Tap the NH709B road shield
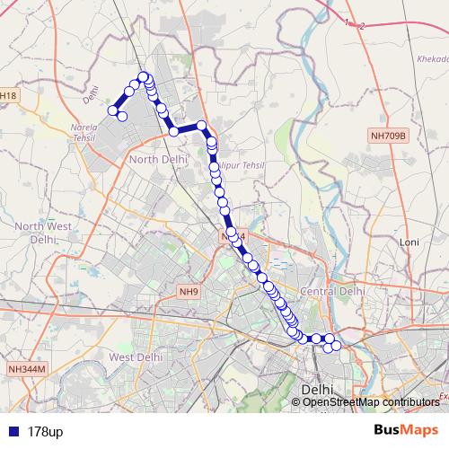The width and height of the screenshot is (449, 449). coord(389,136)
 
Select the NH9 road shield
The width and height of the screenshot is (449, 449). coord(189,292)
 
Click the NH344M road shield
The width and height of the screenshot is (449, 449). coord(27,369)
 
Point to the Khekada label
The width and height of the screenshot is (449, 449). coord(427,58)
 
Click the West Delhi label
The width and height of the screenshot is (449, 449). coord(136,357)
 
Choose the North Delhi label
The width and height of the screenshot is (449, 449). coord(159,159)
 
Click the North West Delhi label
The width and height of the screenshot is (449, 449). coord(42,233)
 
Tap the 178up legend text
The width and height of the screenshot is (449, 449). coord(45,432)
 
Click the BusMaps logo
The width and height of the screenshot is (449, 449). coord(405,431)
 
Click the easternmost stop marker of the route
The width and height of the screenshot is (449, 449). coord(337,347)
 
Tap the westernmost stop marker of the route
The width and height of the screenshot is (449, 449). coord(114,110)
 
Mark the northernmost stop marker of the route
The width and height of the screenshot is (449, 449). coord(143,76)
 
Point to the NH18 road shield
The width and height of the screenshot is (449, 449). coord(7,95)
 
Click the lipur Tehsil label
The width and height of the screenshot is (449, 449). coord(240,166)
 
